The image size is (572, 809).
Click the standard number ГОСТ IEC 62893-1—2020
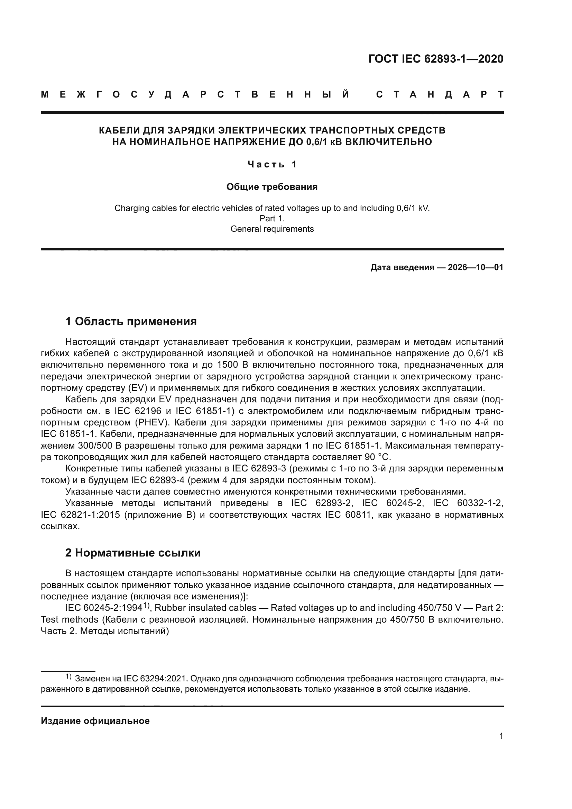pos(436,59)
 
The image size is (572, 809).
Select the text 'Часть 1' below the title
pos(272,164)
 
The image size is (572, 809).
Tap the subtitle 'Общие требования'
pos(272,187)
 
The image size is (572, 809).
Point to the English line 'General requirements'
pos(272,229)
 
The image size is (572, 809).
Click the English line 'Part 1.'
pos(272,219)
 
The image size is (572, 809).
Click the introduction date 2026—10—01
pos(475,267)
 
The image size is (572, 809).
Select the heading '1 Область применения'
pos(131,321)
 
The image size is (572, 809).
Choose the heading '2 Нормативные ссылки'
pos(133,553)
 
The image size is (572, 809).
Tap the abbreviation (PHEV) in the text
pos(155,422)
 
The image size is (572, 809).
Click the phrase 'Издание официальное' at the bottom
pos(95,721)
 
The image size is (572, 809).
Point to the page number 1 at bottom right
pos(501,736)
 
